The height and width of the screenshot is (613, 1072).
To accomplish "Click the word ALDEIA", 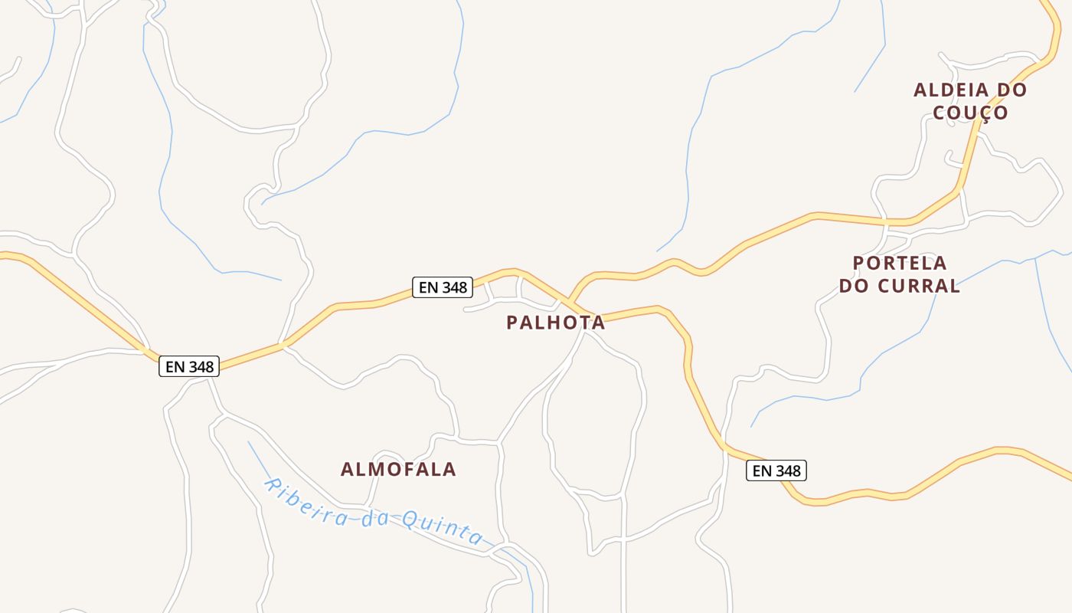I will (x=946, y=90).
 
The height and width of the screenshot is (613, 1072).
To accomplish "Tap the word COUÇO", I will (x=970, y=113).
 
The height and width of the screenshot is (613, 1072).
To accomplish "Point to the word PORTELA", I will (x=900, y=263).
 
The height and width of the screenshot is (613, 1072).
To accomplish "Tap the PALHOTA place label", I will (x=555, y=323).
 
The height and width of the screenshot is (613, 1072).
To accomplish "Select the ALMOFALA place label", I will (x=398, y=469).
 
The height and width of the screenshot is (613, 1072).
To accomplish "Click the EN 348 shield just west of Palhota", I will (x=443, y=287).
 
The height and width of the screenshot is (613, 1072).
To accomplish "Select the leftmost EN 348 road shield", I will (x=189, y=366).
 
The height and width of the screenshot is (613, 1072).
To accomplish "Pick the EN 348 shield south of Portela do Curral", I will (x=776, y=470).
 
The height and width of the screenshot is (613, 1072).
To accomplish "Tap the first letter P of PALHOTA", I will (x=512, y=323).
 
